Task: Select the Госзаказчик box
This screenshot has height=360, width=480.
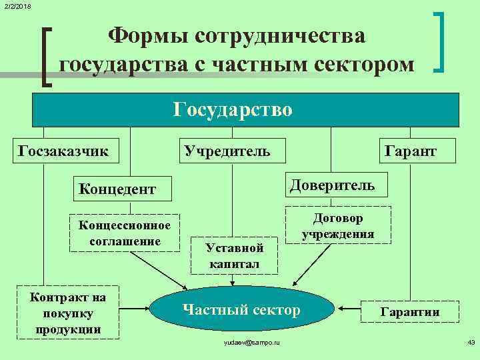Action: [64, 150]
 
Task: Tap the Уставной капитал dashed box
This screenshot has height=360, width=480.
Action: [234, 255]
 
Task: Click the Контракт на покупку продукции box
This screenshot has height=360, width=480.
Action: [67, 312]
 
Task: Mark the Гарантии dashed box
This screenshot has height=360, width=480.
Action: [410, 311]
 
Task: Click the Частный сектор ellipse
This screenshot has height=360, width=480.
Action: [241, 309]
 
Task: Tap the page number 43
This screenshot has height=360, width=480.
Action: [471, 342]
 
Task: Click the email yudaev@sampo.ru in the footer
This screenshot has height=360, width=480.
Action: [252, 342]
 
